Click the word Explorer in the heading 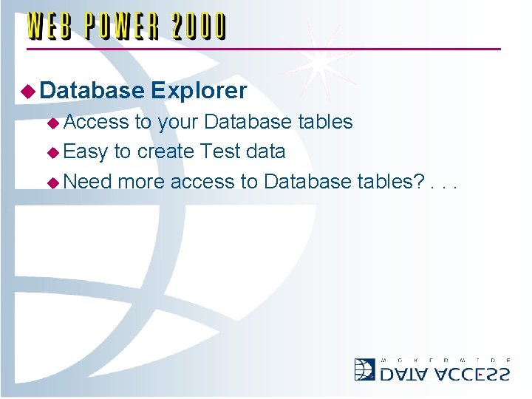tap(198, 91)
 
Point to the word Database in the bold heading tap(92, 91)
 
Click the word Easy tap(86, 152)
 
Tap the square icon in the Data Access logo tap(364, 369)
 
